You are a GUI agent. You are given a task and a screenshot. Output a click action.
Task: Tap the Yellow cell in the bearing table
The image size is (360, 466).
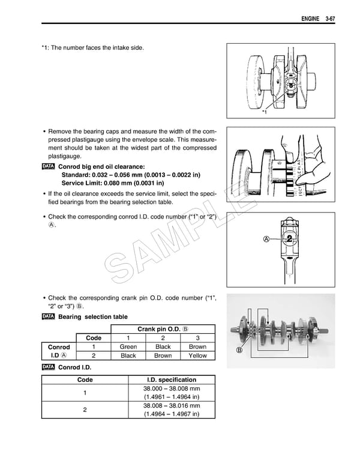[197, 356]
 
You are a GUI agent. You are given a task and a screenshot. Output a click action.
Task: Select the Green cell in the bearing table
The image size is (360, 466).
[128, 346]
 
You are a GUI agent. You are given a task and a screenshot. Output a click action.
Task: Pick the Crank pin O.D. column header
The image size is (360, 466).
[163, 328]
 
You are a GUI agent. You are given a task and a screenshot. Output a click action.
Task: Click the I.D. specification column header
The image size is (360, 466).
[172, 380]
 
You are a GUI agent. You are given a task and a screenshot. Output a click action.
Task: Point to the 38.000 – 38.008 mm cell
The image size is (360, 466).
[172, 389]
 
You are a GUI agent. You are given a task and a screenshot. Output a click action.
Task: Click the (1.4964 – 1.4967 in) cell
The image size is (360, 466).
[172, 414]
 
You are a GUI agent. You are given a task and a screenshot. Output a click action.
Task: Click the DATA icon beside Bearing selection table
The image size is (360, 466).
[49, 316]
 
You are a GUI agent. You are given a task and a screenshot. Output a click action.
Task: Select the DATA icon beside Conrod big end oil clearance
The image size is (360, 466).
[49, 166]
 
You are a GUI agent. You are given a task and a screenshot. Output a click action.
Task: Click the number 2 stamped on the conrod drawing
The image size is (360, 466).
[290, 238]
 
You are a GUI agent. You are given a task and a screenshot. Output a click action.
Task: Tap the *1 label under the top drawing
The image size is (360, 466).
[265, 113]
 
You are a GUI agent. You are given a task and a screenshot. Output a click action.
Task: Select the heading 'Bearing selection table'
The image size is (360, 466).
[93, 316]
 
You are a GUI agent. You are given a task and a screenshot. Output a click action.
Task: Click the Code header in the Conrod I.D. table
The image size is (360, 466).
[85, 380]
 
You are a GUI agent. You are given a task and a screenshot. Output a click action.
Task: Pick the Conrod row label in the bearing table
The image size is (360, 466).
[59, 346]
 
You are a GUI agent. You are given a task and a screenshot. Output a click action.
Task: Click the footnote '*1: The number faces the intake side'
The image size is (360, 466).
[92, 47]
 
